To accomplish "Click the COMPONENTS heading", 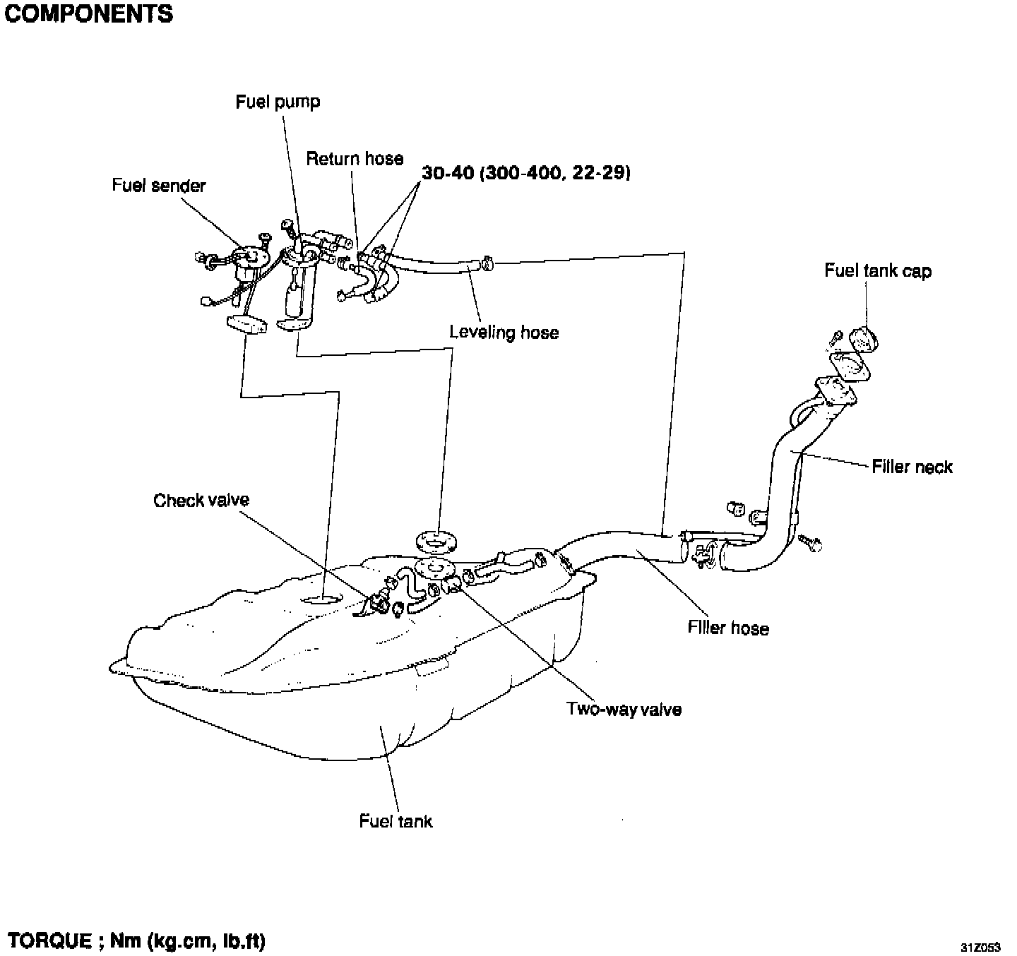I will [88, 15].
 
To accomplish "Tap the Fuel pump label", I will [278, 102].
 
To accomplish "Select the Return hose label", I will [355, 159].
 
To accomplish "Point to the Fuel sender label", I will [159, 186].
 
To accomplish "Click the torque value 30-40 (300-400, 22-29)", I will [526, 172].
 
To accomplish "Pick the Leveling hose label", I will [504, 333].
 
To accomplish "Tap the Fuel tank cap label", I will [878, 271].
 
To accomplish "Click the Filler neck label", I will [912, 467].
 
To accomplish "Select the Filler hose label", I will [728, 628].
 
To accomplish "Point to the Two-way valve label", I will [624, 709].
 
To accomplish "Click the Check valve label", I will [201, 501].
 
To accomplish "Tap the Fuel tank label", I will [395, 821].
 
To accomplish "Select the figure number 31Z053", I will [980, 947].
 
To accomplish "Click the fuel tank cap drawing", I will [862, 338].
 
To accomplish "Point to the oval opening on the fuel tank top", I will [321, 601].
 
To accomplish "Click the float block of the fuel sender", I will [246, 325].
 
